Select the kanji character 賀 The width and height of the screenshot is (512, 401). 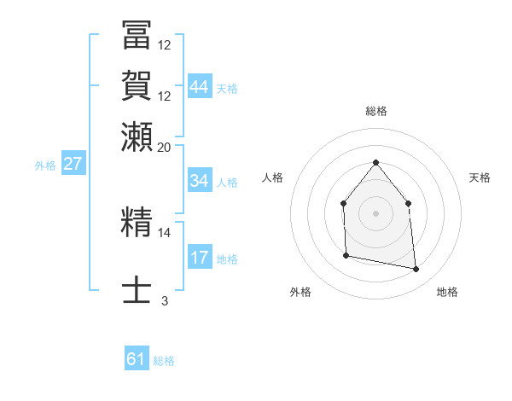pos(137,85)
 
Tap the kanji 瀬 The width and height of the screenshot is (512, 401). pos(137,135)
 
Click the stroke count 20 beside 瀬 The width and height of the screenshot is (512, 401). pos(165,147)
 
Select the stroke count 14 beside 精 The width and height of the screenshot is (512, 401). pos(165,231)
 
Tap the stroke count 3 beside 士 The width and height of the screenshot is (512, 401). pos(165,300)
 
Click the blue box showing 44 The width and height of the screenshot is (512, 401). pos(199,87)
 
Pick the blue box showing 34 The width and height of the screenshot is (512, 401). pos(199,181)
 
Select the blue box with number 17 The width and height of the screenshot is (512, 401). pos(199,258)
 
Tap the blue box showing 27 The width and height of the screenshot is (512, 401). pos(73,164)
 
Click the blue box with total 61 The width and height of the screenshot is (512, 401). pos(136,359)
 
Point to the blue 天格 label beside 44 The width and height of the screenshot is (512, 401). pos(227,89)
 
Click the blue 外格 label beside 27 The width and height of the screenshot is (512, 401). pos(45,166)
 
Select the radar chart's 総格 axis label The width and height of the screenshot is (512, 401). pos(375,111)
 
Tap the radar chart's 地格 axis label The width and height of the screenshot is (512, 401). pos(447,292)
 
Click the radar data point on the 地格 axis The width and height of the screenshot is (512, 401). pos(416,270)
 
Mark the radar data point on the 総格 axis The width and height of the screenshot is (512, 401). pos(375,162)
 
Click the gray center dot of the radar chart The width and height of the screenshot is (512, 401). pos(375,213)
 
